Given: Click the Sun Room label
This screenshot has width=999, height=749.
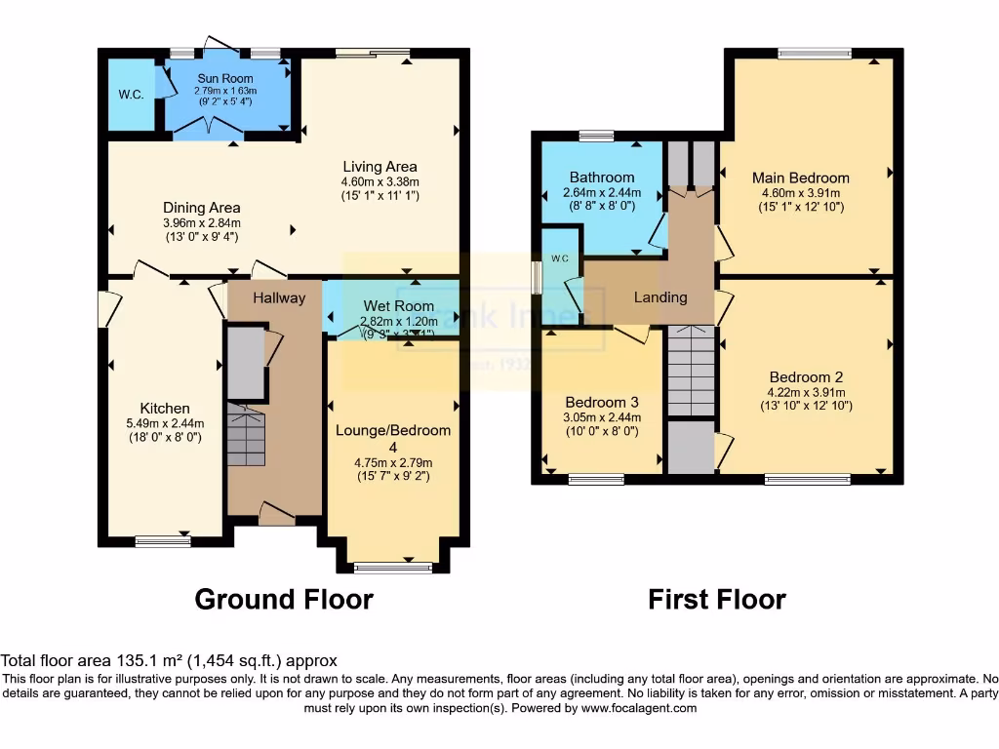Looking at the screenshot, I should tap(225, 78).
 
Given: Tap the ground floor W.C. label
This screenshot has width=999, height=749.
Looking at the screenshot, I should tap(131, 95).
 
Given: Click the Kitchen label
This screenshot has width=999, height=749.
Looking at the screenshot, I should tap(165, 408).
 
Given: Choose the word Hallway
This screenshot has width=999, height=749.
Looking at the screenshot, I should tap(279, 297).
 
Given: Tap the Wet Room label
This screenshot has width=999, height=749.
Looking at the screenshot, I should tap(398, 305).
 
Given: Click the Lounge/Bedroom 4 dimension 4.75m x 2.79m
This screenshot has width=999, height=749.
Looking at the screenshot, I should tap(392, 462).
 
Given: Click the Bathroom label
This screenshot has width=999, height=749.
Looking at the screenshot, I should tap(602, 177).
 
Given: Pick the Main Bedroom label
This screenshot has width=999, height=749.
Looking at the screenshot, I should tap(800, 177).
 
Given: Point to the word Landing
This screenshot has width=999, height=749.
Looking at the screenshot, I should tap(660, 296).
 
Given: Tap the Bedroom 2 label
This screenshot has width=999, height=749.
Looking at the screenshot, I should tap(806, 377).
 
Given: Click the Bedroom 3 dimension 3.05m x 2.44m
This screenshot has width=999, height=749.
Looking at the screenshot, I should tap(603, 417).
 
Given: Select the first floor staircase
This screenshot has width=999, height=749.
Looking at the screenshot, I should tap(692, 372).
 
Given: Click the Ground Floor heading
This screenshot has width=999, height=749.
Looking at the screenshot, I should tap(284, 599).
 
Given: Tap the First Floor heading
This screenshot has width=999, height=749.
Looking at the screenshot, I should tap(717, 599).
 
